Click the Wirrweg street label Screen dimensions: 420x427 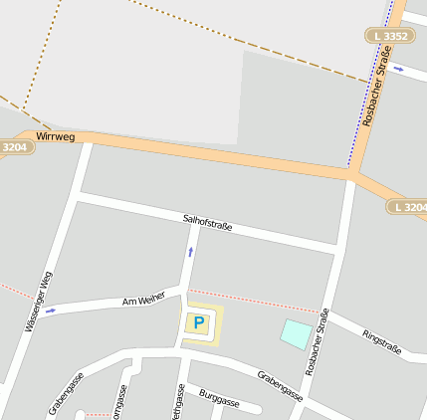point(55,134)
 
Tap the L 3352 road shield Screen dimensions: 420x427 point(388,36)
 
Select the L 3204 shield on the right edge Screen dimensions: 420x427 point(408,207)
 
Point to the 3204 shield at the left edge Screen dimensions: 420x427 point(16,146)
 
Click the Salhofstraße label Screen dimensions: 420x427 point(207,221)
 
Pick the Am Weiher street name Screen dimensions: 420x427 point(142,300)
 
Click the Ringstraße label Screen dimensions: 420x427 point(381,341)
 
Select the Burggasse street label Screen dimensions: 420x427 point(219,401)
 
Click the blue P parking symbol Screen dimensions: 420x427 point(199,322)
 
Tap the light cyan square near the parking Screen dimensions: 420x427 point(295,333)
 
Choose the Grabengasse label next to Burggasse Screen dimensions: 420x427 point(280,385)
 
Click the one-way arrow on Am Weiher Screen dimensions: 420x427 point(51,311)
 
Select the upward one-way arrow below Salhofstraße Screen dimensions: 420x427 point(189,252)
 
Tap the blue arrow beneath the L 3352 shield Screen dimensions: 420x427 point(398,69)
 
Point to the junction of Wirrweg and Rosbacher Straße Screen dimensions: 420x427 point(351,174)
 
